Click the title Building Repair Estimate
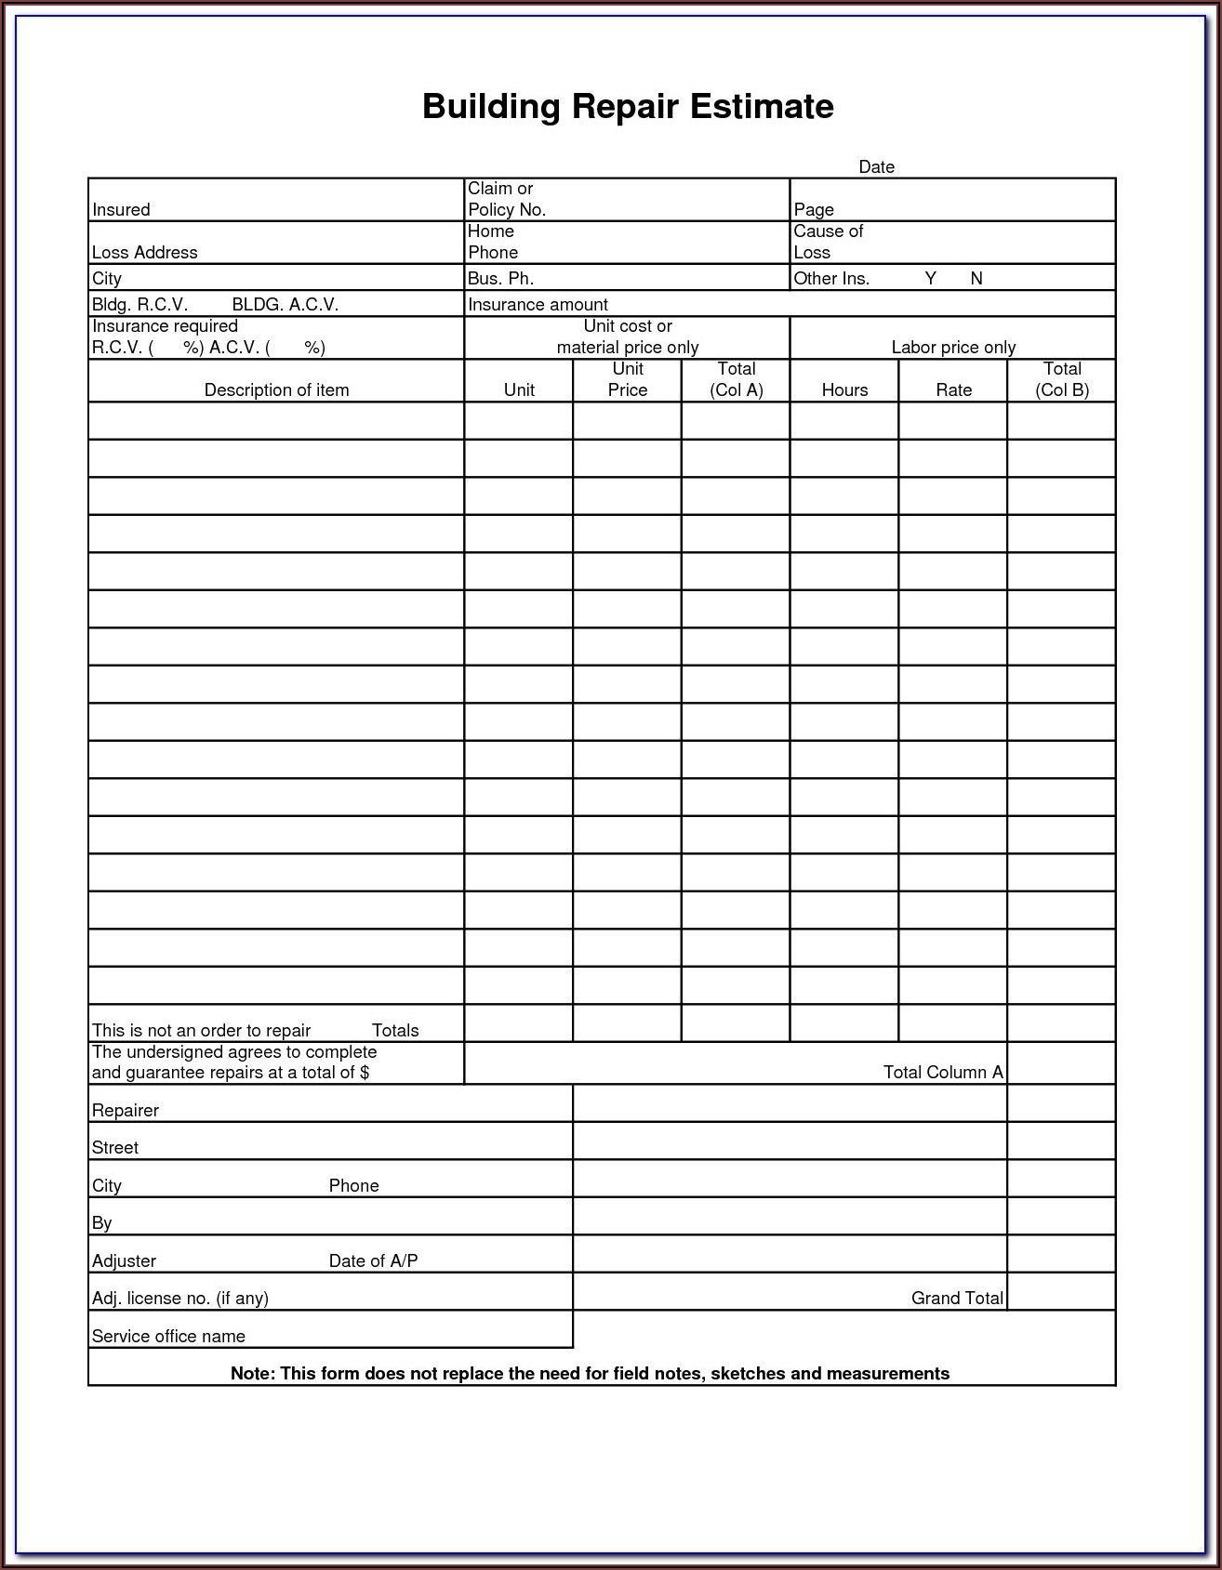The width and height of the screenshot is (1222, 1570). tap(628, 107)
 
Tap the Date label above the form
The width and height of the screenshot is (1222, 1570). tap(876, 167)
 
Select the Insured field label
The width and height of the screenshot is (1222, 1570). tap(121, 210)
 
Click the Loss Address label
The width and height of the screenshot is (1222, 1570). tap(144, 253)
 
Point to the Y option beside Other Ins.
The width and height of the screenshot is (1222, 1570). tap(930, 279)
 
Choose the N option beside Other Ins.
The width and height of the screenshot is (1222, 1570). tap(976, 279)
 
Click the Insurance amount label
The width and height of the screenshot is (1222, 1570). tap(538, 305)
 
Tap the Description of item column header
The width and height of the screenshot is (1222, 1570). tap(276, 390)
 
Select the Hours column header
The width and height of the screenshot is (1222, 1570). tap(844, 390)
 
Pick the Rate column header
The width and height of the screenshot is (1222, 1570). tap(953, 390)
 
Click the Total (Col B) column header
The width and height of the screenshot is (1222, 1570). tap(1062, 380)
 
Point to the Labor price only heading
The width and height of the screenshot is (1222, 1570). tap(953, 348)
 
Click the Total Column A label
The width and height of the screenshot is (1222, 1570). tap(943, 1073)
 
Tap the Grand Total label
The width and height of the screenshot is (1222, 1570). tap(957, 1299)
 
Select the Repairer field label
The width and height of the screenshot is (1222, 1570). tap(126, 1111)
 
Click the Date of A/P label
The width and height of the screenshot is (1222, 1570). tap(373, 1261)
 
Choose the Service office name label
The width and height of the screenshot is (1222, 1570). tap(168, 1337)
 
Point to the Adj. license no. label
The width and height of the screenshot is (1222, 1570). tap(179, 1299)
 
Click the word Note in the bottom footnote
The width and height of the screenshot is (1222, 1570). tap(251, 1374)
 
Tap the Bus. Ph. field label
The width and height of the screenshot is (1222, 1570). tap(500, 279)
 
